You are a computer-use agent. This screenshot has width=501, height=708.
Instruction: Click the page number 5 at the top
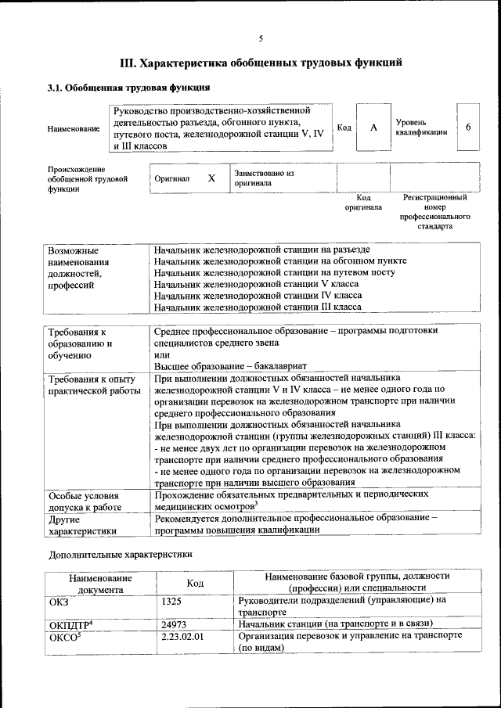(x=261, y=38)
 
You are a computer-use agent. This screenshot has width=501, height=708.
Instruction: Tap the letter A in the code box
(x=373, y=128)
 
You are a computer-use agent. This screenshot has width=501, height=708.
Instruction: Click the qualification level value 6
(x=467, y=128)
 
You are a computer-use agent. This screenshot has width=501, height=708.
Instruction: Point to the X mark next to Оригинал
(x=211, y=178)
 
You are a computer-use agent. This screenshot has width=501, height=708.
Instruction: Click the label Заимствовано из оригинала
(x=263, y=178)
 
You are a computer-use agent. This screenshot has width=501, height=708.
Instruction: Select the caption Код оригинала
(x=363, y=203)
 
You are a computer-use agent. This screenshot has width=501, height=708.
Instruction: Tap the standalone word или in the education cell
(x=161, y=354)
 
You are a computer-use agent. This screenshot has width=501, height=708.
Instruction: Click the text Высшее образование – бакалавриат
(x=231, y=366)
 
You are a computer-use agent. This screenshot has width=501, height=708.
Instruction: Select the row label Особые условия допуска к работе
(x=85, y=501)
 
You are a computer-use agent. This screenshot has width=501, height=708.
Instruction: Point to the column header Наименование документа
(x=100, y=583)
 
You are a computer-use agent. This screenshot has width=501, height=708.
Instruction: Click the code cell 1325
(x=171, y=600)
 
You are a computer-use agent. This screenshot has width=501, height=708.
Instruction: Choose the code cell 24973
(x=174, y=624)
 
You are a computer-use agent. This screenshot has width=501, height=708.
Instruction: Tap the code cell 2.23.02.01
(x=182, y=636)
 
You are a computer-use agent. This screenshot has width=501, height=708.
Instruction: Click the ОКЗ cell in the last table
(x=59, y=600)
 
